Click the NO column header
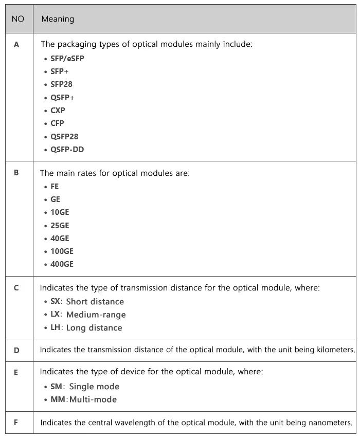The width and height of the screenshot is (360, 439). coord(17,19)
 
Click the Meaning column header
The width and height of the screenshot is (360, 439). coord(58,19)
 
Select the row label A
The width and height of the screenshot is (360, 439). coord(16,45)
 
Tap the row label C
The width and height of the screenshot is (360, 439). coord(16,288)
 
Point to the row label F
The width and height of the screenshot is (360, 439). coord(16,423)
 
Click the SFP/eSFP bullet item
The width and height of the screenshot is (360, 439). coord(67,59)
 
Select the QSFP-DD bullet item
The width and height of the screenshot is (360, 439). coord(67,150)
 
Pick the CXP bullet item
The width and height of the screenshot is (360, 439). coord(58,111)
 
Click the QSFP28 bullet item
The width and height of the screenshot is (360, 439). coord(64,137)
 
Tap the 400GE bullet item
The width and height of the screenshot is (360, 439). coord(62,264)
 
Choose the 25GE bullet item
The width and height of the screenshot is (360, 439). coord(60,225)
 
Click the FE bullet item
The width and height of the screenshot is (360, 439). coord(55,187)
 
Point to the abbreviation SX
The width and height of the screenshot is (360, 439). coord(56,301)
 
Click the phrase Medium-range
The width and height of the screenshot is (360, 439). coord(96,315)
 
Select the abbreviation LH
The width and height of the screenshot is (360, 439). coord(56,327)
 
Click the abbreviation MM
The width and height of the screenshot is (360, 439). coord(57,399)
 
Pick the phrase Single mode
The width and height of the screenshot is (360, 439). coord(94,387)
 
